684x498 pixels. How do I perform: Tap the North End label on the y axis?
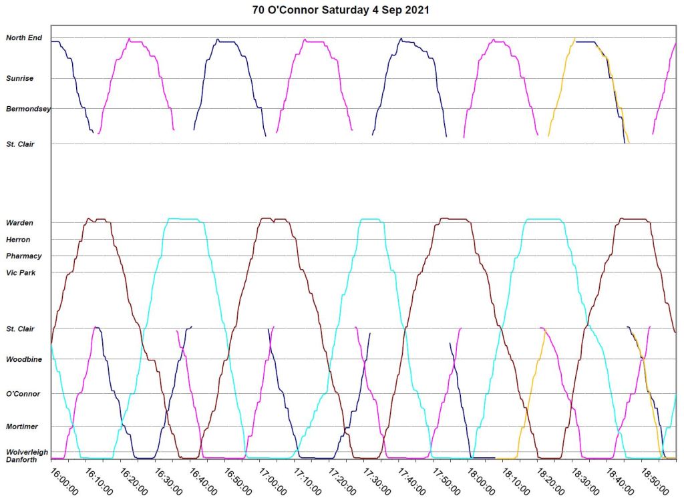24,38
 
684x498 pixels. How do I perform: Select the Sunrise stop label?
20,79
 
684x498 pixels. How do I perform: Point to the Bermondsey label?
28,108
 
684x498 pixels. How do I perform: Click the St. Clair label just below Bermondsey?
20,144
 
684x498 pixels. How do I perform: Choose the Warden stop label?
19,223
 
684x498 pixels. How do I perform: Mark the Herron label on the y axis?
18,240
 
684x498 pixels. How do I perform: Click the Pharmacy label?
23,256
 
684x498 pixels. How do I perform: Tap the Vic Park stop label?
21,273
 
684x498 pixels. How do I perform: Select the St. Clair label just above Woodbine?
20,329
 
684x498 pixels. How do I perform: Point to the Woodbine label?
24,360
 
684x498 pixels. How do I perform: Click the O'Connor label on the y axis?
23,394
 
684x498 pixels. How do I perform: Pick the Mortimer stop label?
22,427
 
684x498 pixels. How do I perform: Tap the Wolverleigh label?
27,452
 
